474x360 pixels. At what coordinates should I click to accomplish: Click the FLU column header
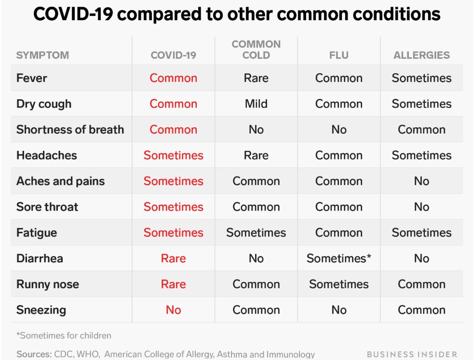click(339, 55)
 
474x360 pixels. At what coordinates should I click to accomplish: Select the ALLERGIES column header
click(421, 55)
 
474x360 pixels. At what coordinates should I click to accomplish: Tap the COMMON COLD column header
click(256, 50)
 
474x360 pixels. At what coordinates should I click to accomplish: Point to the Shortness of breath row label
click(70, 130)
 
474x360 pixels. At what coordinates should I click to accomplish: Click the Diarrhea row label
click(40, 258)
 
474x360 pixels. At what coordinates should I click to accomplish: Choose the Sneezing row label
click(41, 310)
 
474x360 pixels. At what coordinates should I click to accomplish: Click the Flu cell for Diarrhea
click(339, 258)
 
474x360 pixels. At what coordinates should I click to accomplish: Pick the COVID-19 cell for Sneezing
click(174, 310)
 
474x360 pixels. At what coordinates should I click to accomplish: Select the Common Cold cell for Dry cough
click(256, 104)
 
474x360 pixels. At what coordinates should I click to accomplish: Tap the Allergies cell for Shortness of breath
click(421, 130)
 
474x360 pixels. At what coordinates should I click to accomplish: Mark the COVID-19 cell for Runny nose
click(174, 284)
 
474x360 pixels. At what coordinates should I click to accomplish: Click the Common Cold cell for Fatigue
click(256, 233)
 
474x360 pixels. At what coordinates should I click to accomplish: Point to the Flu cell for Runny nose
click(339, 284)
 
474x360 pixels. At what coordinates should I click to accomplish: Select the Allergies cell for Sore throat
click(421, 207)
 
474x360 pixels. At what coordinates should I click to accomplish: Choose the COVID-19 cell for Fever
click(174, 78)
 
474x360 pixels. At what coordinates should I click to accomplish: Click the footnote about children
click(64, 335)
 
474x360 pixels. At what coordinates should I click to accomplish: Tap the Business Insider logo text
click(412, 354)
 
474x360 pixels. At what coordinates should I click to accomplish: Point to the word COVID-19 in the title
click(73, 14)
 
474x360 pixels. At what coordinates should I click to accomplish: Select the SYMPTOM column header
click(42, 55)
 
